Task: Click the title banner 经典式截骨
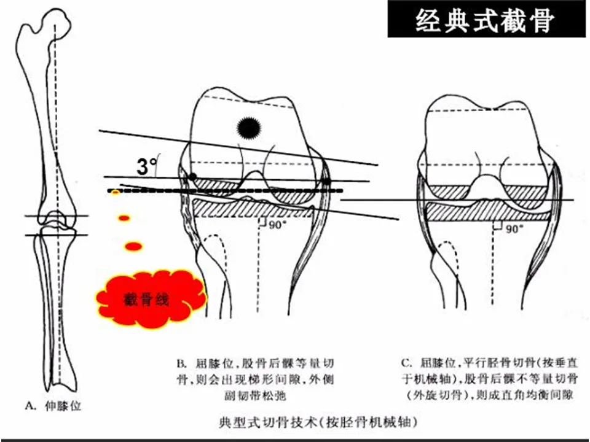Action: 485,22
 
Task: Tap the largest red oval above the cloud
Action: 133,246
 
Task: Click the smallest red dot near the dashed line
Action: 115,194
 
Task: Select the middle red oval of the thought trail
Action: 124,217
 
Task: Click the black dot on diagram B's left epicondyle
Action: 193,176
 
